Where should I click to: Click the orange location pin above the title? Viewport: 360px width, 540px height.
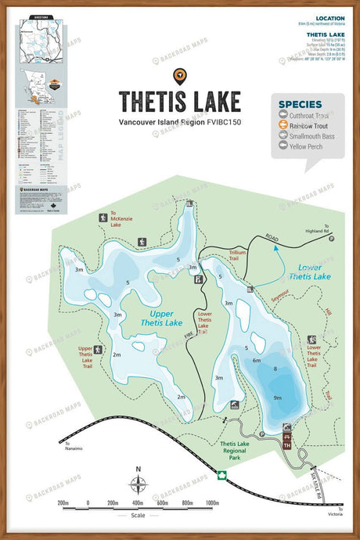(180, 76)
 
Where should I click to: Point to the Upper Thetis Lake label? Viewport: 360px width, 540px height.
(162, 318)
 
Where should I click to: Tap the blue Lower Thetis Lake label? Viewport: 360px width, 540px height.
(287, 272)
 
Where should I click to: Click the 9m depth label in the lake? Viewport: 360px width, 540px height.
(277, 398)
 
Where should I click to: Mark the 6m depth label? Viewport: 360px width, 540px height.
(256, 360)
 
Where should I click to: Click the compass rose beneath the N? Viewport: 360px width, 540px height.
(139, 484)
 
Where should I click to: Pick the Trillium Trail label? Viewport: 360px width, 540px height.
(238, 254)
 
